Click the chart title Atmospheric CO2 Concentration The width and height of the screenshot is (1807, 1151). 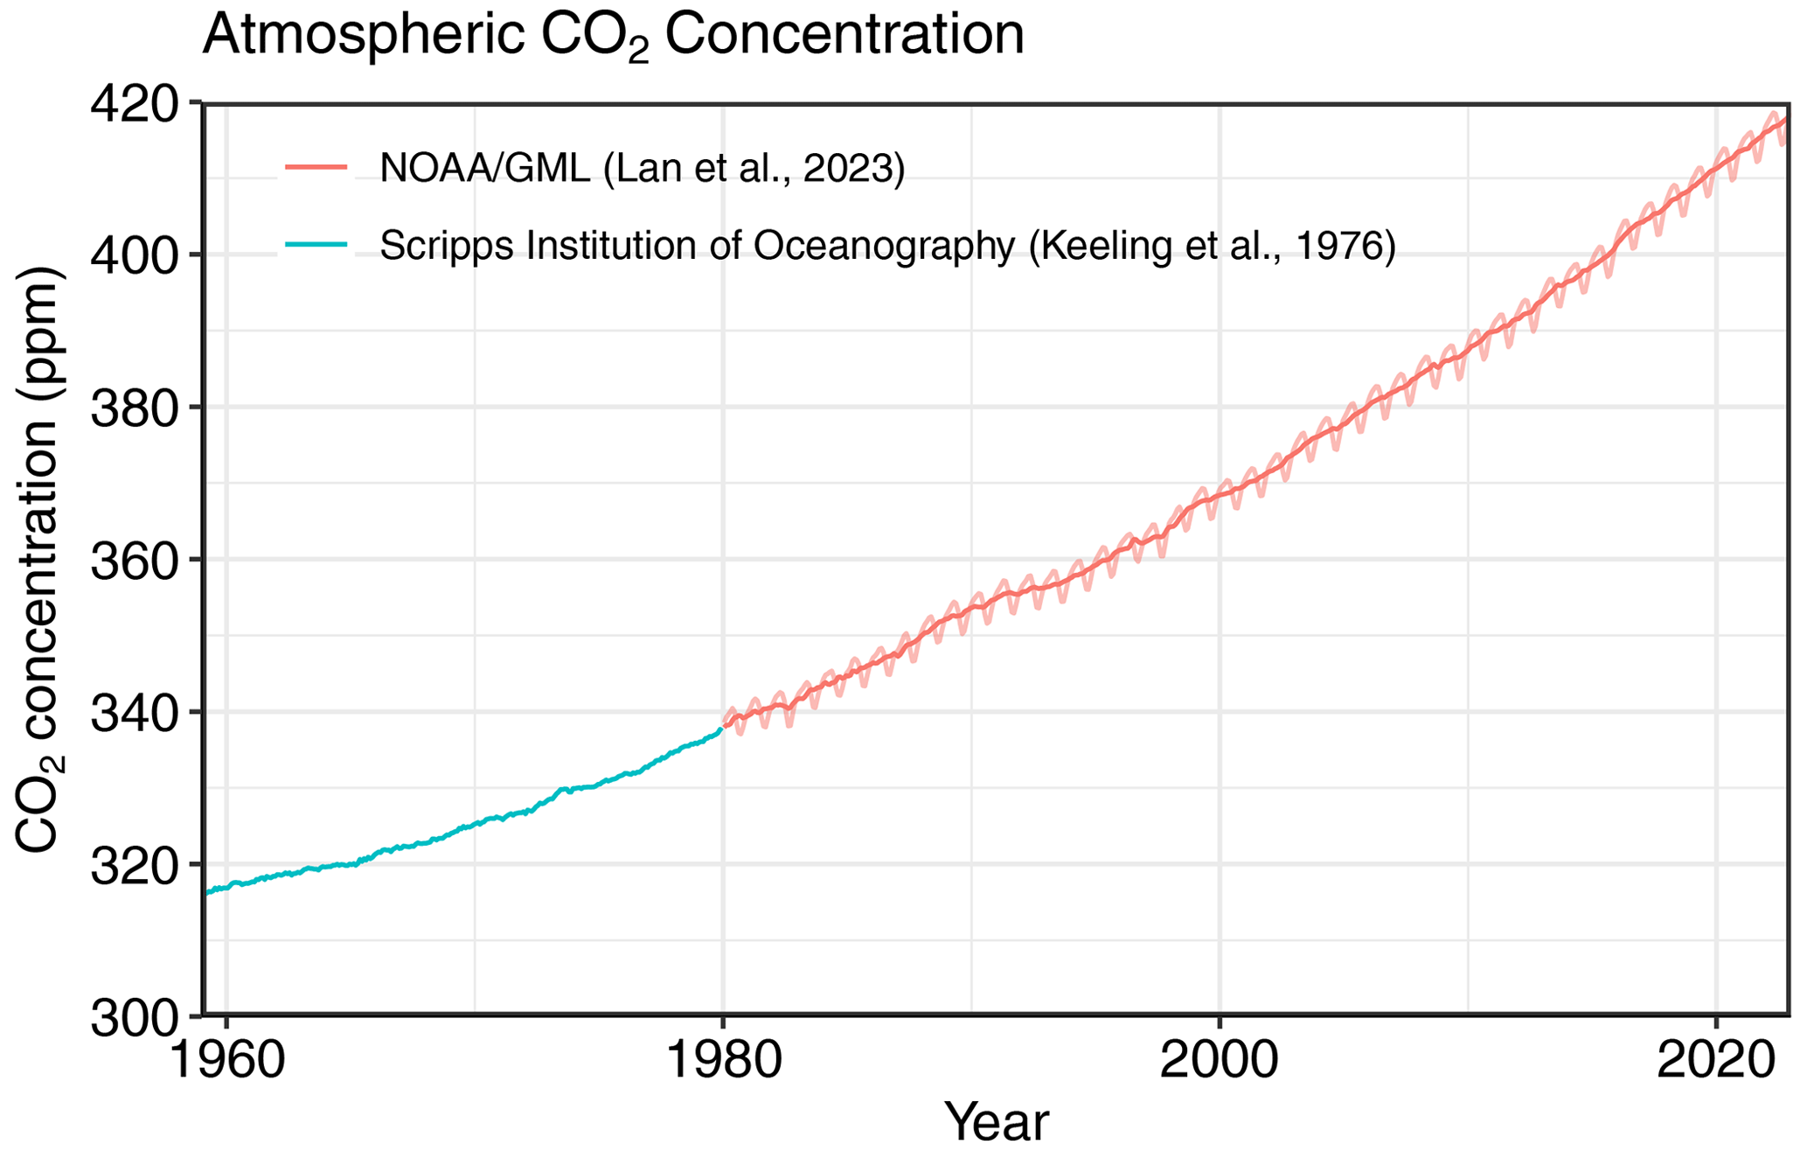click(x=612, y=37)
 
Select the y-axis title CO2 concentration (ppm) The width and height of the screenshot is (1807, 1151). click(x=38, y=560)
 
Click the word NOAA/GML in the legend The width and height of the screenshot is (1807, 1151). click(x=484, y=168)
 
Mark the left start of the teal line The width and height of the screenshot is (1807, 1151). click(x=206, y=892)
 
